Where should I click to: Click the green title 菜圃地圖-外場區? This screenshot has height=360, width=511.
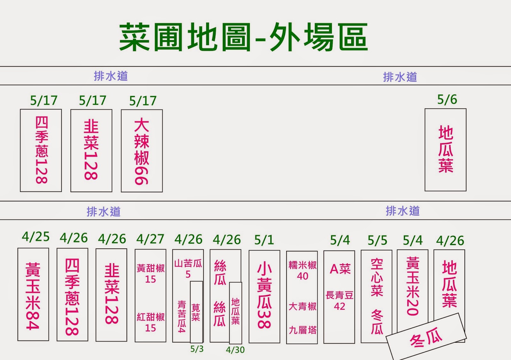coord(243,37)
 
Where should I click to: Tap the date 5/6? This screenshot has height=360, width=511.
coord(447,100)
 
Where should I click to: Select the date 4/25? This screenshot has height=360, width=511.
coord(36,237)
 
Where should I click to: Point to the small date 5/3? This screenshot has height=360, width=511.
coord(197,349)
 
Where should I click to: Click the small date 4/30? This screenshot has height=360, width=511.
coord(235,350)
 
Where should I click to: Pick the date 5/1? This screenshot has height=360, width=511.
coord(264,240)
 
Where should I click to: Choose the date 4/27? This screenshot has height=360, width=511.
coord(150,239)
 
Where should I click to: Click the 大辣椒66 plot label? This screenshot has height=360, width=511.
coord(142,151)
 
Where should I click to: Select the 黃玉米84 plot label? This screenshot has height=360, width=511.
coord(33,296)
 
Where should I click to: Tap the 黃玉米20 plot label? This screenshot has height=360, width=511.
coord(412,286)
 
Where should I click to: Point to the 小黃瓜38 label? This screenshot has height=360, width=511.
coord(264,296)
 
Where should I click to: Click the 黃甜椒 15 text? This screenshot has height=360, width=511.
coord(150,274)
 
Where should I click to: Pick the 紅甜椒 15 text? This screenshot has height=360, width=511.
coord(150,322)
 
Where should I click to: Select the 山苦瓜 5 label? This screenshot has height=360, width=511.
coord(188,268)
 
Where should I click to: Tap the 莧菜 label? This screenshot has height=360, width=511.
coord(196,312)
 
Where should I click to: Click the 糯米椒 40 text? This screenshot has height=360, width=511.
coord(302,270)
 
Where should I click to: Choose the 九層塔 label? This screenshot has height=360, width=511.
coord(302,330)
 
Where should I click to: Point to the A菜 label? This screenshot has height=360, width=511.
coord(340,269)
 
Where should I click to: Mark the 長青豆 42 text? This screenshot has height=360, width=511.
coord(339,301)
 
